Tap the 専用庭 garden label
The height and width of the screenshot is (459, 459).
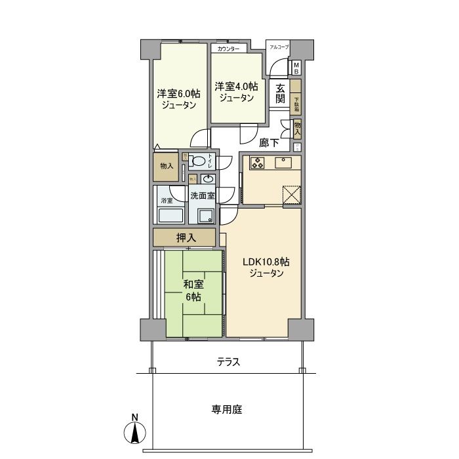(x=227, y=410)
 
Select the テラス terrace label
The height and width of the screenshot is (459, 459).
(x=228, y=362)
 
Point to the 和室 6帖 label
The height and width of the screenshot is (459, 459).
(x=192, y=290)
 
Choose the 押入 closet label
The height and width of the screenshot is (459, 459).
(x=186, y=237)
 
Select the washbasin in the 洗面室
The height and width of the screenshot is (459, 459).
(x=209, y=179)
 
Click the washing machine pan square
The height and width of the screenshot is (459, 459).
(x=205, y=216)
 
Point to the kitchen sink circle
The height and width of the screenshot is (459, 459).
(x=285, y=159)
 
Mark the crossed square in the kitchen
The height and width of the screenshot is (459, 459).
(x=291, y=195)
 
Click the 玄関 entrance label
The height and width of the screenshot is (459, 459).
(x=280, y=94)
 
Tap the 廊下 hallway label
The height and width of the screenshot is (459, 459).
(x=269, y=142)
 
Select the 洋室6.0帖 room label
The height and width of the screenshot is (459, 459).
(x=178, y=98)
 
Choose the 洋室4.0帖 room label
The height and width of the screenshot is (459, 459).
(x=236, y=92)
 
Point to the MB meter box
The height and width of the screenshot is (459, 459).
(x=296, y=68)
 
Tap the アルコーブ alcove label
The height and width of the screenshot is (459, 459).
(x=279, y=47)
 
